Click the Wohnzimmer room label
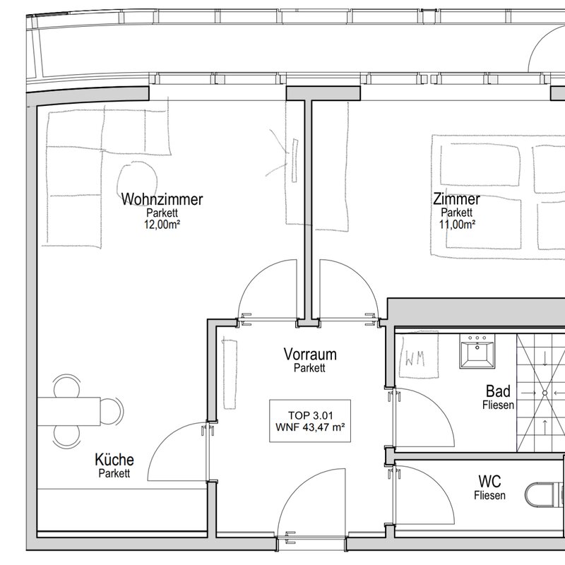(162, 199)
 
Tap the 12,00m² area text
(162, 225)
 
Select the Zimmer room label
(456, 199)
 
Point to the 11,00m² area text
(457, 225)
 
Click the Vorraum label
(310, 355)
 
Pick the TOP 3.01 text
(310, 415)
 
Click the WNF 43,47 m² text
(310, 427)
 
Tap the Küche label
(114, 460)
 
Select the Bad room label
(498, 391)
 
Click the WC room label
(489, 482)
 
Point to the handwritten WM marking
(415, 358)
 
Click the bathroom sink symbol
(477, 351)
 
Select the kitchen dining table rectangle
(69, 411)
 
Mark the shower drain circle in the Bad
(545, 393)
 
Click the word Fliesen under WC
(489, 496)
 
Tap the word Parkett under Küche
(114, 473)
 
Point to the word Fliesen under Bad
(498, 405)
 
